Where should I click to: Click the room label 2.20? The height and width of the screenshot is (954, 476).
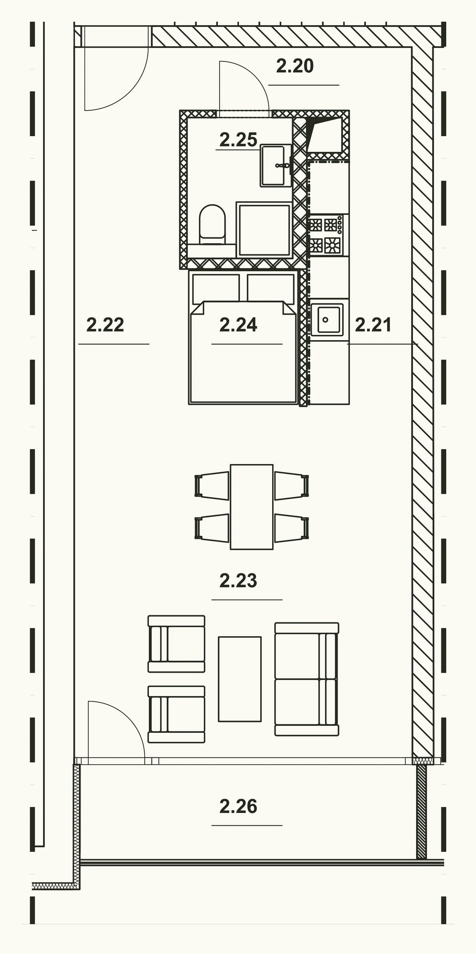click(x=295, y=66)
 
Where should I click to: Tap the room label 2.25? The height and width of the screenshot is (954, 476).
click(x=238, y=140)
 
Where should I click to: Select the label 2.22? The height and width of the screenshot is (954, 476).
click(x=105, y=325)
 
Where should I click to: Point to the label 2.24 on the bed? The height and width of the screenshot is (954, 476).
click(x=238, y=325)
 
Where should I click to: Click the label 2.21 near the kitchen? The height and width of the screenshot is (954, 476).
click(x=373, y=325)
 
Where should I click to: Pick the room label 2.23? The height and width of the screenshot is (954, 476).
click(x=238, y=580)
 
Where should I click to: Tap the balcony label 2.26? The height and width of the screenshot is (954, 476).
click(x=238, y=806)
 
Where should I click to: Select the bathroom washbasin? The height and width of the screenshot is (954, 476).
click(x=276, y=165)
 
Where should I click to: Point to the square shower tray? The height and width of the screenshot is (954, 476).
click(x=264, y=230)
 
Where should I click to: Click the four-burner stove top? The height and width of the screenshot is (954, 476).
click(x=325, y=235)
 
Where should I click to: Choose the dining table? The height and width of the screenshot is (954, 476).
click(x=252, y=507)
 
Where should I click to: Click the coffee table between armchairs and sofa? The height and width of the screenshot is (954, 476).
click(x=240, y=679)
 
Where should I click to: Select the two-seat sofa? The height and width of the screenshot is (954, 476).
click(x=306, y=679)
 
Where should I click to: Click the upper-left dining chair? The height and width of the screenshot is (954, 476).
click(x=212, y=485)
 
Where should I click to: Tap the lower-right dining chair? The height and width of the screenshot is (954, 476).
click(x=292, y=528)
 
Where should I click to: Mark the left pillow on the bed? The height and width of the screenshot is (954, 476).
click(x=216, y=288)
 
